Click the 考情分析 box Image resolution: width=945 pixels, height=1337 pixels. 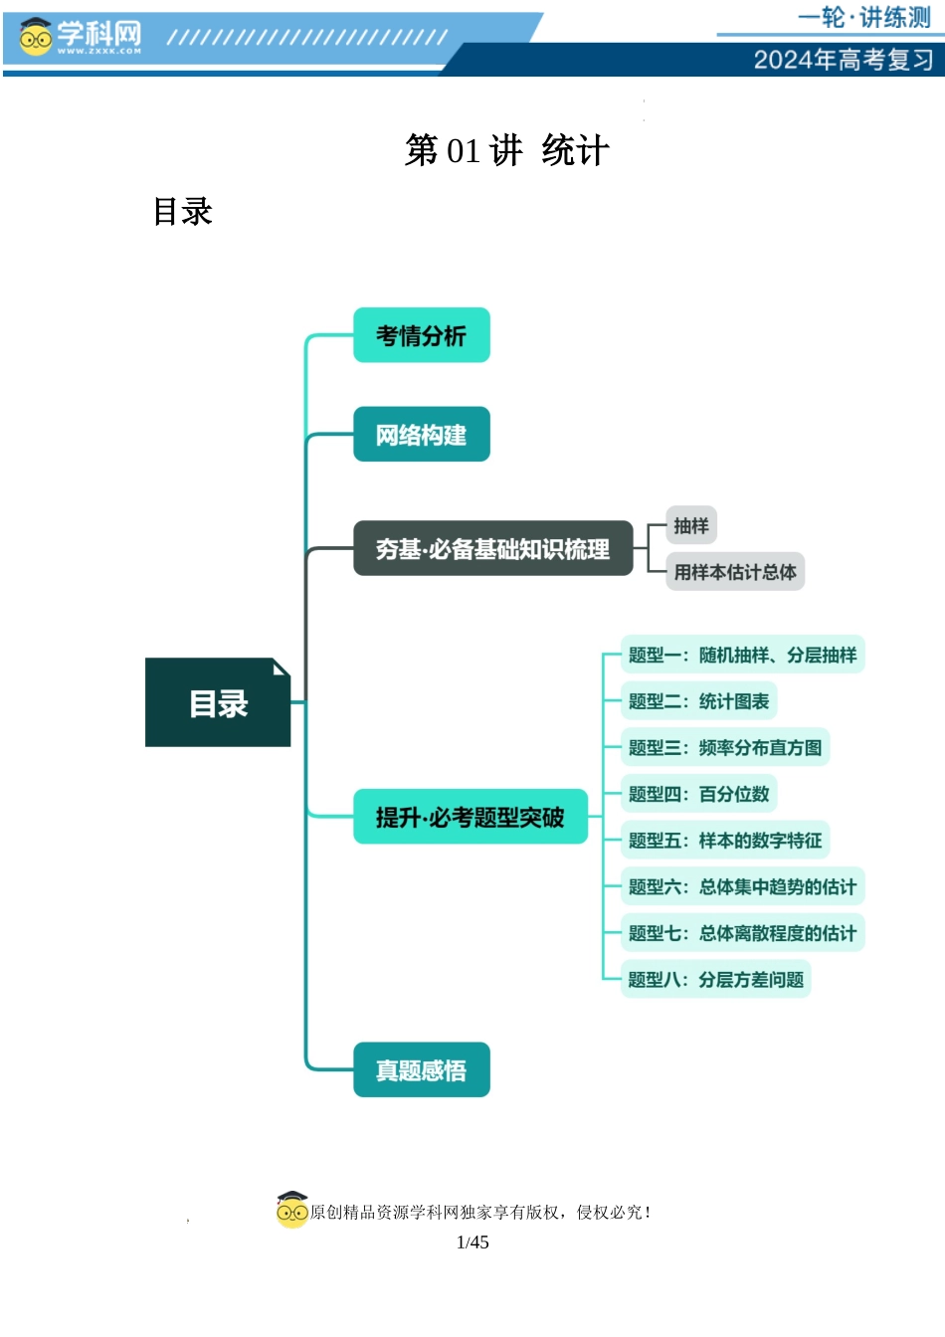tap(421, 335)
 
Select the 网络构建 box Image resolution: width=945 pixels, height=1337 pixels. tap(421, 434)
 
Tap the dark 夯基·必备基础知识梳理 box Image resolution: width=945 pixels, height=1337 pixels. tap(492, 548)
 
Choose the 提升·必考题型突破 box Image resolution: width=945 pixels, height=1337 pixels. tap(470, 817)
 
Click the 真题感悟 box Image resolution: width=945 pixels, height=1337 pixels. tap(421, 1069)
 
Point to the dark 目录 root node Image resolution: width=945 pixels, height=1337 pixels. tap(218, 702)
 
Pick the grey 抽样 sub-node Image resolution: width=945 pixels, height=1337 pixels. tap(690, 525)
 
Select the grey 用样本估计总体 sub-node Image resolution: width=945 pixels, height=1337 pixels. tap(734, 572)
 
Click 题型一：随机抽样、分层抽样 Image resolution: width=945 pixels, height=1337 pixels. tap(742, 655)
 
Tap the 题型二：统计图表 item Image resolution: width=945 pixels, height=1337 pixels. tap(698, 701)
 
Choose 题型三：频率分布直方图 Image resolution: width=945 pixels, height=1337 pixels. tap(724, 747)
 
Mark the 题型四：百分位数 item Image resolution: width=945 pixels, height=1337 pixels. tap(698, 794)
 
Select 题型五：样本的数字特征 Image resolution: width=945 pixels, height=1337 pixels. tap(724, 841)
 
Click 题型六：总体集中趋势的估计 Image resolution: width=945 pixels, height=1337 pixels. tap(742, 886)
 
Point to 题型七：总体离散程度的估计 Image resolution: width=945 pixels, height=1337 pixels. tap(742, 933)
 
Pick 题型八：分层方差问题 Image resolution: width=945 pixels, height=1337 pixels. tap(715, 979)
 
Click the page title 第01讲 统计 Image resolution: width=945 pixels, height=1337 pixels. tap(506, 151)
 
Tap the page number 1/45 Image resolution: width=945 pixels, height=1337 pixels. tap(472, 1241)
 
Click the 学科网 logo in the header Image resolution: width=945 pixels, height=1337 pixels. tap(80, 38)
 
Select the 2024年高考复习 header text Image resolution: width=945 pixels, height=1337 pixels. tap(843, 60)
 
